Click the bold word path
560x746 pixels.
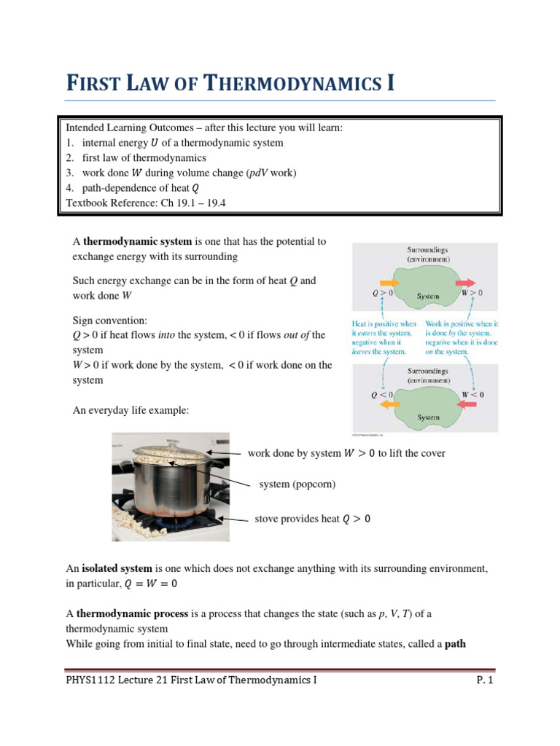coord(453,644)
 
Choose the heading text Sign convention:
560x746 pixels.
coord(109,320)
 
